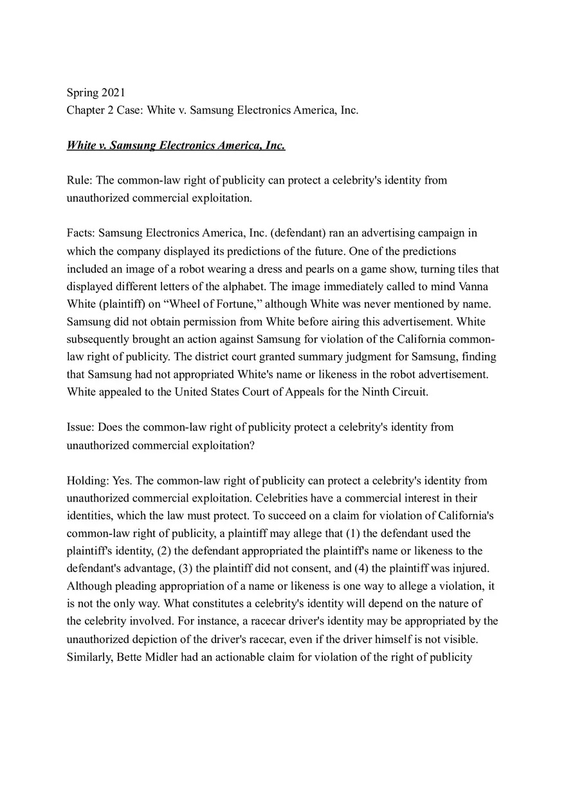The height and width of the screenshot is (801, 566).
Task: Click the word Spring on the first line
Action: pos(82,92)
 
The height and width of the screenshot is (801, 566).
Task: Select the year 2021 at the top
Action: pos(113,92)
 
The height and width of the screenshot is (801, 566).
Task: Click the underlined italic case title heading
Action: pos(176,145)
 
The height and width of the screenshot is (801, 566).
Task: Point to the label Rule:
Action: pos(80,180)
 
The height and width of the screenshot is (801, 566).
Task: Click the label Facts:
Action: pos(81,233)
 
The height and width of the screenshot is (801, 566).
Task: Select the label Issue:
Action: pos(81,427)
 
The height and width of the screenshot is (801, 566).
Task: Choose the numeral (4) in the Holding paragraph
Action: pos(361,568)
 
